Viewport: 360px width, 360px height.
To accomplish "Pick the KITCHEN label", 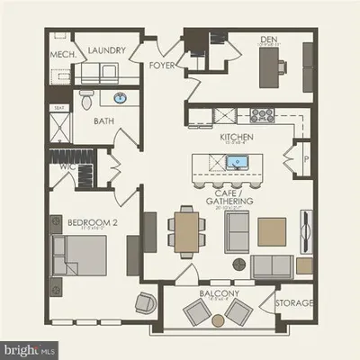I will [x=237, y=137].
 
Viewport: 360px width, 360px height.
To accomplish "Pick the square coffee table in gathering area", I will [x=271, y=230].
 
